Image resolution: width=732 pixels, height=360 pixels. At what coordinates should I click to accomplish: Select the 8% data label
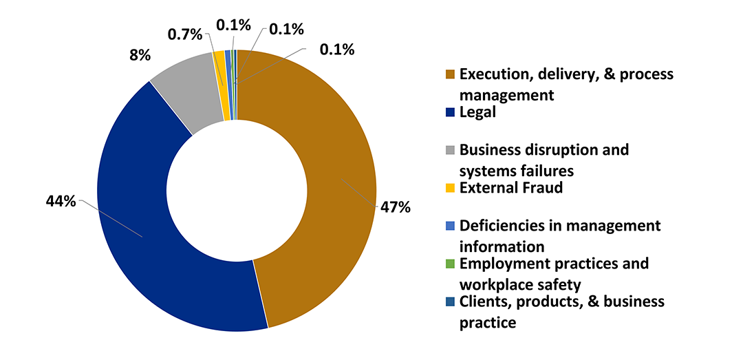click(x=140, y=56)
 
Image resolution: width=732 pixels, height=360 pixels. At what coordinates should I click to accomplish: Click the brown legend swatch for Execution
click(x=450, y=74)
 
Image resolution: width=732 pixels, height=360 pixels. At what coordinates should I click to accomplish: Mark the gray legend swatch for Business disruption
click(x=450, y=150)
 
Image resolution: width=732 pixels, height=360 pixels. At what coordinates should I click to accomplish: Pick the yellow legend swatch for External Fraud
click(x=450, y=188)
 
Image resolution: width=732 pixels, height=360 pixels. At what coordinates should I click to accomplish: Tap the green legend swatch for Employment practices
click(x=450, y=264)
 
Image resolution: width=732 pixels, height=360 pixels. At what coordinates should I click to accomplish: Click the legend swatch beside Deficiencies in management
click(x=450, y=226)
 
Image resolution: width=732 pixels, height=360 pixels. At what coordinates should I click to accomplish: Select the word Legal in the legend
click(x=478, y=112)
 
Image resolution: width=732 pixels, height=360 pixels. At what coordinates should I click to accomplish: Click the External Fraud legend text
click(x=511, y=187)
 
